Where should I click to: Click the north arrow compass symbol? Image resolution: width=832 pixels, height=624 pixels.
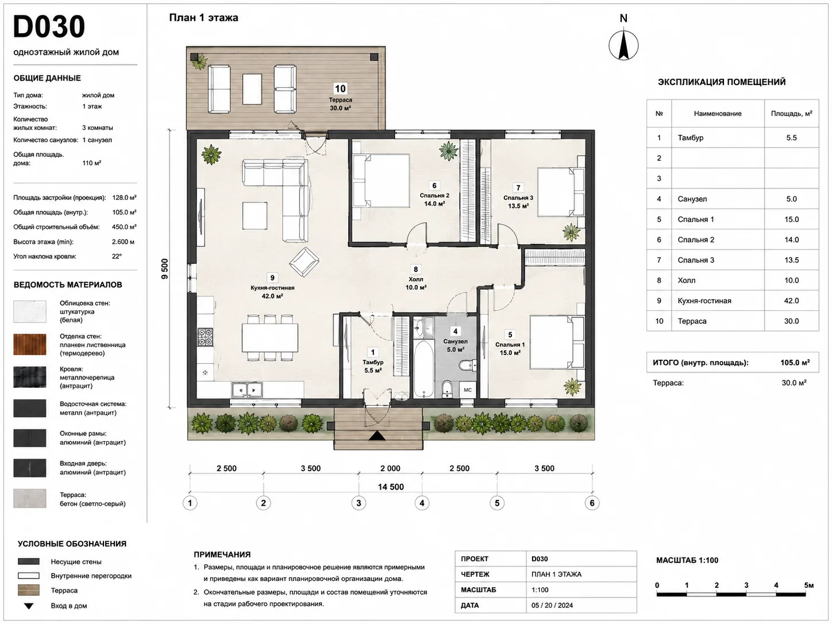[x=623, y=45]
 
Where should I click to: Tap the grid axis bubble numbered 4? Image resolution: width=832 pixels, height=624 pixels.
[x=422, y=503]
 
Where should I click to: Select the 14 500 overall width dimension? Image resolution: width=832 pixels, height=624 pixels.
[x=391, y=487]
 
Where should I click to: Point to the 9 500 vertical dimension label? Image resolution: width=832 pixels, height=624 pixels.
[x=164, y=269]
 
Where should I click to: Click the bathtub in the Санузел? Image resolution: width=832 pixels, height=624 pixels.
[x=423, y=369]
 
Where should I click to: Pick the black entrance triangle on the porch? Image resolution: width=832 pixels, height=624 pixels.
[x=377, y=436]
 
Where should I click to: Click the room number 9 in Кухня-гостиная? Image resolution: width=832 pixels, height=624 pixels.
[x=272, y=278]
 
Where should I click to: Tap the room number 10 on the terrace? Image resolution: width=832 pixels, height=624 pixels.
[x=340, y=88]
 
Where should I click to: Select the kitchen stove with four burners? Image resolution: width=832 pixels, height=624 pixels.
[x=205, y=338]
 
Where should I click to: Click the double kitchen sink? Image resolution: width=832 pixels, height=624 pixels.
[x=246, y=390]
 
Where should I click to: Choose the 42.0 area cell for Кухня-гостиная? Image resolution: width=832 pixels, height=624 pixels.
[x=791, y=301]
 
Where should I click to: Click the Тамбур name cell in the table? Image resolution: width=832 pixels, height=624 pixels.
[x=691, y=138]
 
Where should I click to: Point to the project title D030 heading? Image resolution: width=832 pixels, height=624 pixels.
[x=49, y=26]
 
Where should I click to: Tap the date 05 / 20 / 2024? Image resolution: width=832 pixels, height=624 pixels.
[x=552, y=606]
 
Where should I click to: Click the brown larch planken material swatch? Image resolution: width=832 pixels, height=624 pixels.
[x=29, y=344]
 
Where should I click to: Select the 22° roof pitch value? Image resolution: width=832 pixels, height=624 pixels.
[x=117, y=256]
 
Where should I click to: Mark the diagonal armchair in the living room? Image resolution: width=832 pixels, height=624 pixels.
[x=304, y=262]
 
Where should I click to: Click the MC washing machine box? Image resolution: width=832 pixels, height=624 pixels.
[x=468, y=390]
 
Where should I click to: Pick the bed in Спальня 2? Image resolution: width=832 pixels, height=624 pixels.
[x=382, y=180]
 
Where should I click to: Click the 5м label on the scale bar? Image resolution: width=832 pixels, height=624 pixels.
[x=809, y=585]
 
